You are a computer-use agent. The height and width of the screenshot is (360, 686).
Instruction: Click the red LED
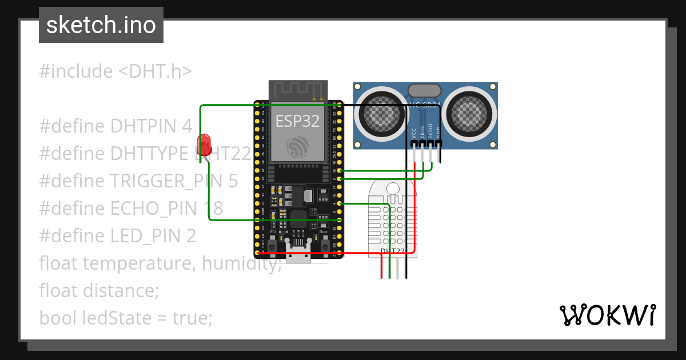204,144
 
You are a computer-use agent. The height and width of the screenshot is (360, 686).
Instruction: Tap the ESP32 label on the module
297,121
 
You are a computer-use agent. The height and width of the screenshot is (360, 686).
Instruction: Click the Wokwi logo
607,315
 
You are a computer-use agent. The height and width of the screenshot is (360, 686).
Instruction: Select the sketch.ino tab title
101,25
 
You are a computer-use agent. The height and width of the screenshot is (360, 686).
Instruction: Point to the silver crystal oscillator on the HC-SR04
425,90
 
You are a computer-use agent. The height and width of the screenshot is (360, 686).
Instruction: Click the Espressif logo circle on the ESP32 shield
298,147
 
